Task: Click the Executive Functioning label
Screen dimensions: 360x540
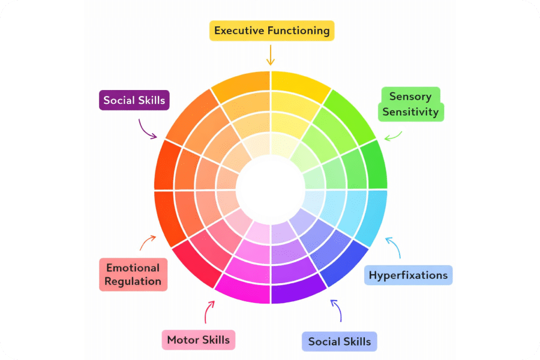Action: point(271,31)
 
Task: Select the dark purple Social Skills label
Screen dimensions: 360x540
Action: point(134,100)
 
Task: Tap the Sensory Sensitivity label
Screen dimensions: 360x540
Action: point(413,104)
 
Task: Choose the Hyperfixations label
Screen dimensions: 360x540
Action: point(408,275)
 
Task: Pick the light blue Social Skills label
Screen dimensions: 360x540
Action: point(339,342)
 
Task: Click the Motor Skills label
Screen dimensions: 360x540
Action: point(198,340)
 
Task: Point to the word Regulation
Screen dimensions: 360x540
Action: point(133,281)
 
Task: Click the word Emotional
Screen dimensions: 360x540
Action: point(133,268)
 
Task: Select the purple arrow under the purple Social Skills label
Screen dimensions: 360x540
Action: point(148,128)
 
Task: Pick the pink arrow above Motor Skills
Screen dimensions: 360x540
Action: point(209,311)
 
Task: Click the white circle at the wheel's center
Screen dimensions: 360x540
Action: point(271,187)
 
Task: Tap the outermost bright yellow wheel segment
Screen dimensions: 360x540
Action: point(300,84)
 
